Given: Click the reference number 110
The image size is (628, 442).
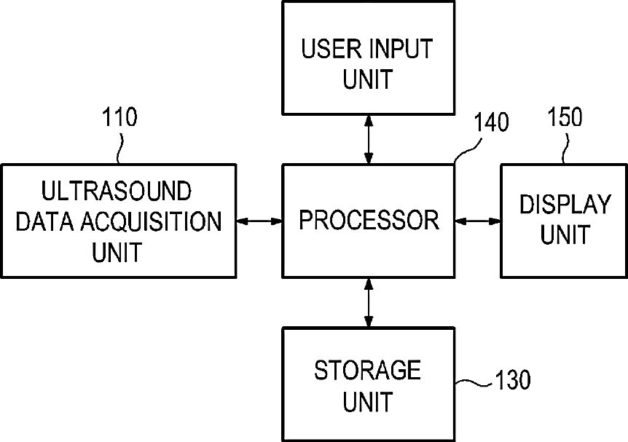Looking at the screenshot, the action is coord(119,117).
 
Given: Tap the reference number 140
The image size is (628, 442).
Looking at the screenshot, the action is coord(491,122).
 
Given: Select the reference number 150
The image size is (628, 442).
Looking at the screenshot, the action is coord(565,117).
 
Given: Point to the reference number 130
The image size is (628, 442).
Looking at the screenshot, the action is coord(513,379).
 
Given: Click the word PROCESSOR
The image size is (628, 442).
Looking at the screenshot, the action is coord(369,220).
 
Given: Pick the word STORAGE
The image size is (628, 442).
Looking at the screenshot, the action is coord(367,370).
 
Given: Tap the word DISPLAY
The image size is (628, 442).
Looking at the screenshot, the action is coord(565,204).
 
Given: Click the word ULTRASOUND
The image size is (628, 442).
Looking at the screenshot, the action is coord(117,191).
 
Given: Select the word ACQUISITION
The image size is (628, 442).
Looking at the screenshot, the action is coord(151,221).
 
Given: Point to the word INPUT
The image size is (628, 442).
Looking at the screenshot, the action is coord(400,49).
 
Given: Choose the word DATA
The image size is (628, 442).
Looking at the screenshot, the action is coord(44,221).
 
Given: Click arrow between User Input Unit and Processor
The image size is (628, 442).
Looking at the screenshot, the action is coord(369,139).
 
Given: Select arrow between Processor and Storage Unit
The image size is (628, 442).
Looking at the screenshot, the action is coord(369,303).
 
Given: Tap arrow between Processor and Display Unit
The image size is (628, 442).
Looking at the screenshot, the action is coord(478,221).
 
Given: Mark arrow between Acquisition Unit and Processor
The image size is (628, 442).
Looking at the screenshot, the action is coord(259,221).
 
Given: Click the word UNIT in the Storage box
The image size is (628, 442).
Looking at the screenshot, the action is coord(367,401).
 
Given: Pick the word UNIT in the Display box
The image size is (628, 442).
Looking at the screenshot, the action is coord(565,234).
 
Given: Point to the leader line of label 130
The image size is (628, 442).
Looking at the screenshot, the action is coord(474,383).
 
